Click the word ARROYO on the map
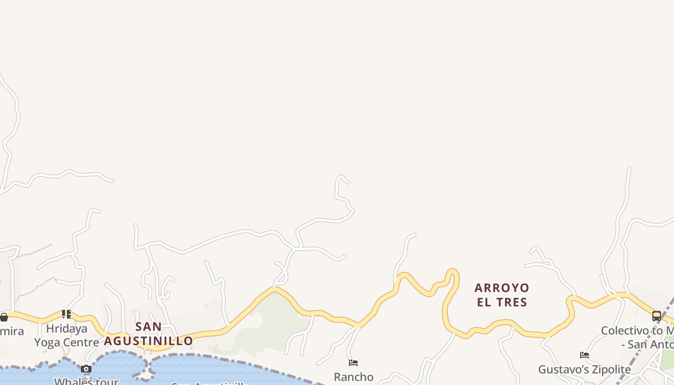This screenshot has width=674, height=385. tap(502, 288)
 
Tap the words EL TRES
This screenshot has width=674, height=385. tap(502, 302)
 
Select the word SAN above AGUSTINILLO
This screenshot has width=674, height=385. tap(148, 327)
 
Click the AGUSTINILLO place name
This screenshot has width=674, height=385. tap(148, 341)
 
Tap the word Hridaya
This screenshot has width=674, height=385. tap(66, 329)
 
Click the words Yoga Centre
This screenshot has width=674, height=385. tap(66, 343)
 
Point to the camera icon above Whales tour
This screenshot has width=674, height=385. tap(86, 369)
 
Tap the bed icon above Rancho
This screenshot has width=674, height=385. tap(353, 363)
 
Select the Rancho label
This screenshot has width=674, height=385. tap(353, 377)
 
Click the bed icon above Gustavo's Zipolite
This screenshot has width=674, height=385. tap(584, 355)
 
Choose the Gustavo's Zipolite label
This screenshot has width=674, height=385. tap(584, 370)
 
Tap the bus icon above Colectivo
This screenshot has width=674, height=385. tap(657, 316)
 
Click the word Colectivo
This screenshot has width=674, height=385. tap(624, 331)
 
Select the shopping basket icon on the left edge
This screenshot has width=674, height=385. tap(4, 317)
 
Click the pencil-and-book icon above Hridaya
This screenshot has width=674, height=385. tap(66, 314)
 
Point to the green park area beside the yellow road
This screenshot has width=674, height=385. tap(270, 322)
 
